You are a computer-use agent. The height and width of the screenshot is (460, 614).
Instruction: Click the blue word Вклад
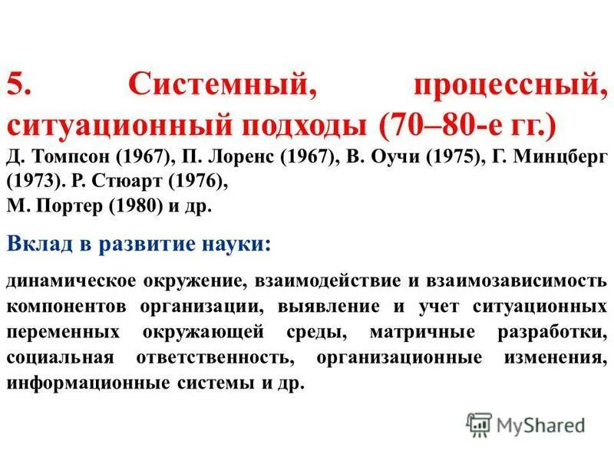tap(38, 244)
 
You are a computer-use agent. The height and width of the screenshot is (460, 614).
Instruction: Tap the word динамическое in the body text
tap(73, 280)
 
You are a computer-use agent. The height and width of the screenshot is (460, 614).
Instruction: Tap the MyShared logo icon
tap(479, 422)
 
